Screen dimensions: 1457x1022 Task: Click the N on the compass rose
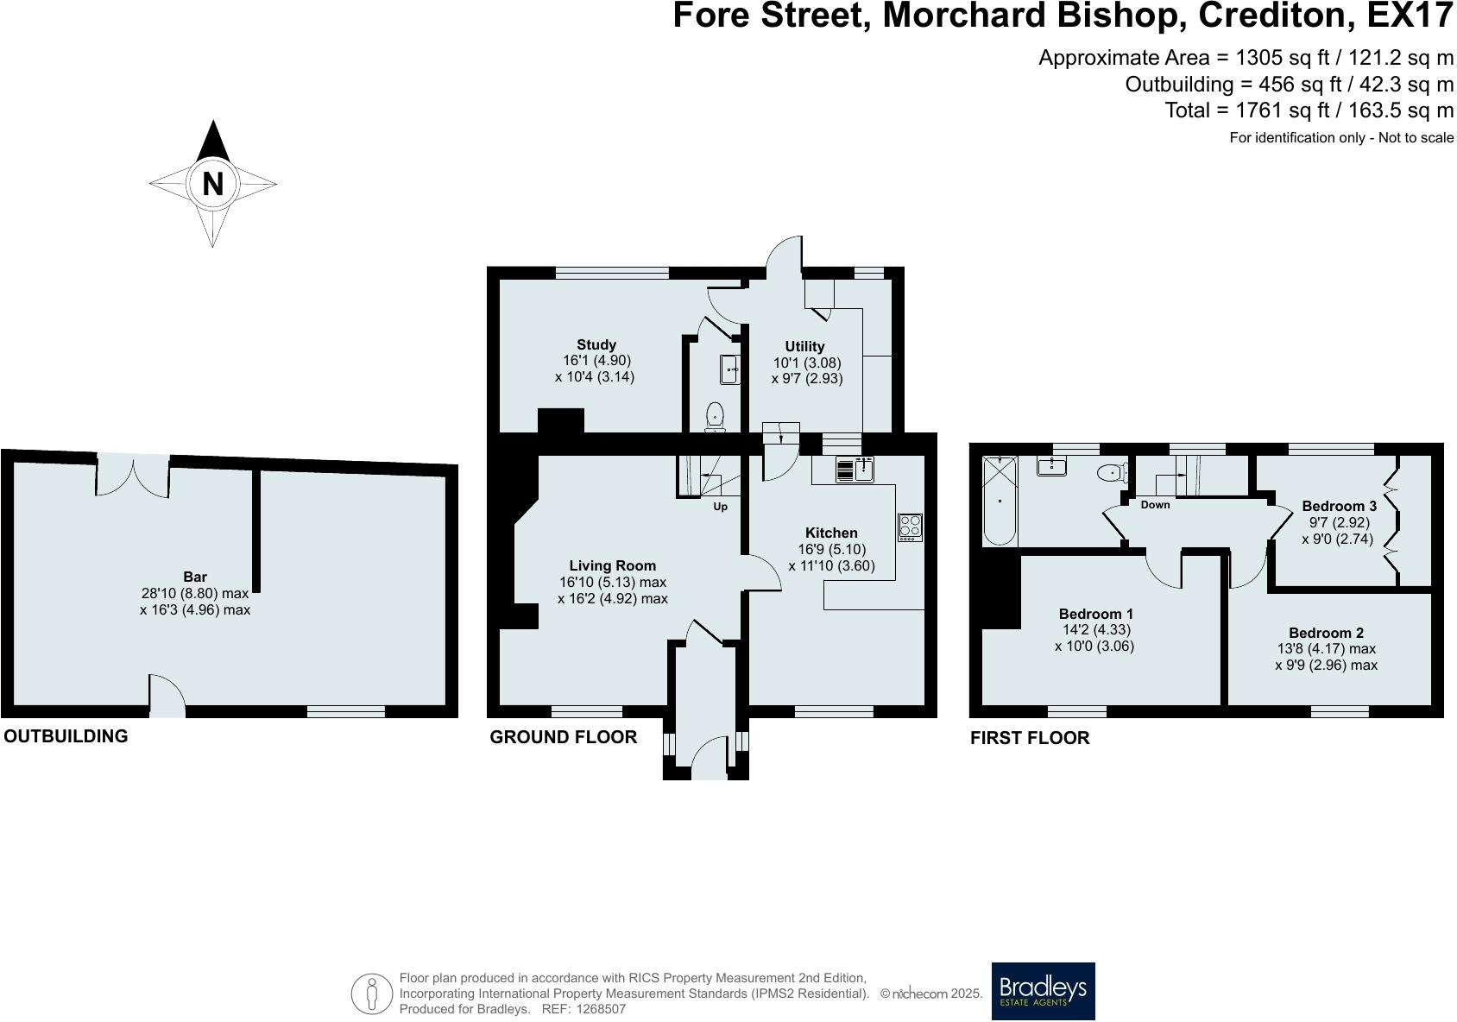click(x=212, y=184)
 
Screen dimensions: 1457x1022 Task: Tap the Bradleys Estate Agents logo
click(x=1043, y=991)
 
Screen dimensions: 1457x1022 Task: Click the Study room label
click(x=596, y=344)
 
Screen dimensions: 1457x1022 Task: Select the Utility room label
click(x=804, y=347)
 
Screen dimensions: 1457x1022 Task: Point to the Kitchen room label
click(x=831, y=533)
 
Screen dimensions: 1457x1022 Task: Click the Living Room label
click(x=612, y=566)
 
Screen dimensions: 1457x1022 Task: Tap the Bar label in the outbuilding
click(x=195, y=577)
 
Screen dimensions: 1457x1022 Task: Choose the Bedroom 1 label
click(x=1096, y=614)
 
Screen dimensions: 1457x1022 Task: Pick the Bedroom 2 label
click(x=1327, y=633)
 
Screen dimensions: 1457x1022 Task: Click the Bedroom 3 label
click(x=1340, y=506)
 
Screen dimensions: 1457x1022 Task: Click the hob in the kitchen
click(x=910, y=527)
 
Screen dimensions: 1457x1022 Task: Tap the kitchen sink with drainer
click(x=854, y=469)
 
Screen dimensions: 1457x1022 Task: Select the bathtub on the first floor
click(x=1000, y=501)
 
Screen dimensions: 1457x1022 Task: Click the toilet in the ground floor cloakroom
click(x=715, y=417)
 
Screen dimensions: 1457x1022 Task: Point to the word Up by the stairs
click(x=720, y=507)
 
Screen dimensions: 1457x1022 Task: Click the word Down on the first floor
click(x=1155, y=505)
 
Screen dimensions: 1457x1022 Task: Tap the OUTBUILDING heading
click(x=66, y=736)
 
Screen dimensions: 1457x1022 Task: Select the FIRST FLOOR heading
click(x=1030, y=738)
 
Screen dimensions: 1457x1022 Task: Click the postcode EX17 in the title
click(x=1410, y=16)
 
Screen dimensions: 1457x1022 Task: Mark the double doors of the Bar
click(x=133, y=476)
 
